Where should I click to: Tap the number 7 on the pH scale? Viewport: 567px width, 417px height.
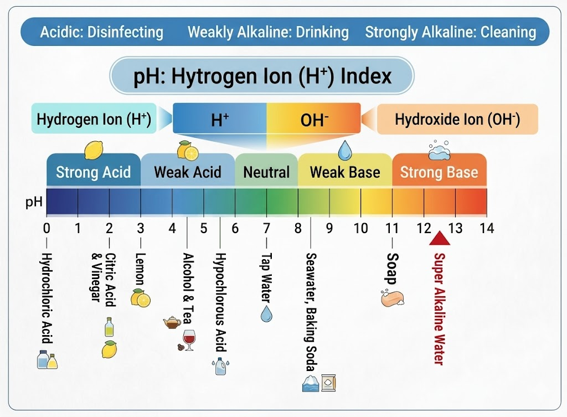pyautogui.click(x=266, y=228)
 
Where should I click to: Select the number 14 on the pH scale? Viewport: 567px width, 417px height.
pyautogui.click(x=486, y=228)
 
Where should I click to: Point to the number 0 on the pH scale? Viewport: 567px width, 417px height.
pyautogui.click(x=47, y=228)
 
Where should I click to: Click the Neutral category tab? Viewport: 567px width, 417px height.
pyautogui.click(x=266, y=170)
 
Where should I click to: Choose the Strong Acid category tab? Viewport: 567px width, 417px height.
pyautogui.click(x=93, y=170)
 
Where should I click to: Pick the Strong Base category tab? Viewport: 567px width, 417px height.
pyautogui.click(x=439, y=170)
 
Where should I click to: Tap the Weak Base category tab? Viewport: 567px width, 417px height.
pyautogui.click(x=345, y=170)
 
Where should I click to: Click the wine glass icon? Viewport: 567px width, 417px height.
pyautogui.click(x=189, y=340)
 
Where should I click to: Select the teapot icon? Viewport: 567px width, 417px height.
pyautogui.click(x=172, y=322)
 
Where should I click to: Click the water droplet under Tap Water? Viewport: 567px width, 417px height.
pyautogui.click(x=266, y=313)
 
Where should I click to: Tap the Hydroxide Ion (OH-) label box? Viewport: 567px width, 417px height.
pyautogui.click(x=457, y=119)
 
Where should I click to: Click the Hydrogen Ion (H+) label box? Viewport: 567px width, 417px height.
pyautogui.click(x=94, y=119)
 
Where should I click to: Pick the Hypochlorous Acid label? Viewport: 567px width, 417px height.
pyautogui.click(x=220, y=302)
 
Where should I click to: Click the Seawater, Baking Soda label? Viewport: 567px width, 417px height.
pyautogui.click(x=311, y=312)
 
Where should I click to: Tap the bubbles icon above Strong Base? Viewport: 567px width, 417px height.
pyautogui.click(x=439, y=150)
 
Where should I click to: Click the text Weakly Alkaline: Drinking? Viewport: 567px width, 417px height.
pyautogui.click(x=268, y=32)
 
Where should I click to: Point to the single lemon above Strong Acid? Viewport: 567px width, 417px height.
pyautogui.click(x=94, y=150)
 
